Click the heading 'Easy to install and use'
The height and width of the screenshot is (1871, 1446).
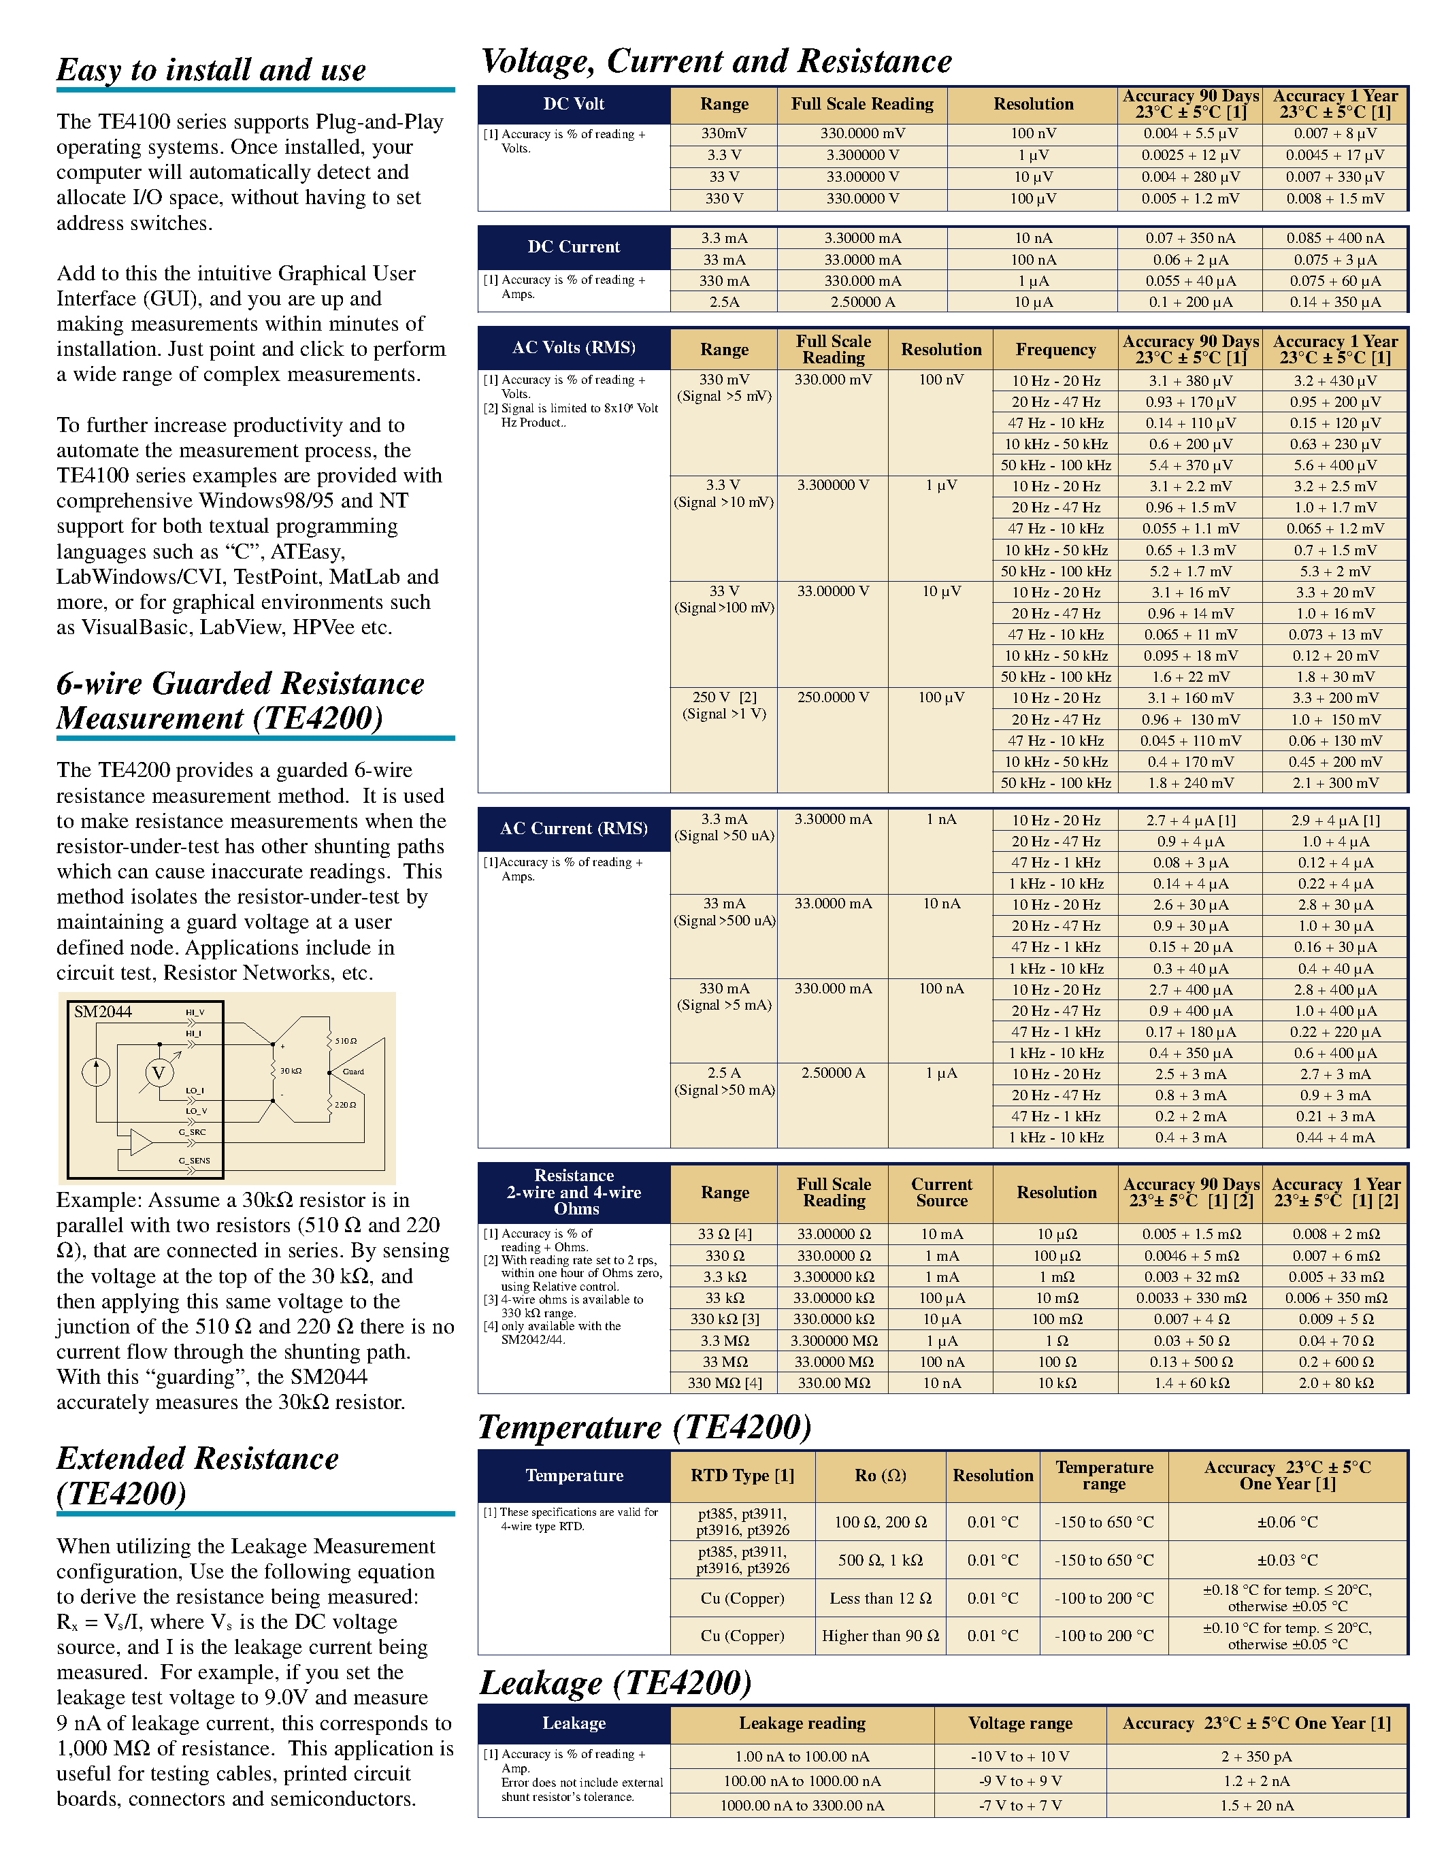tap(212, 70)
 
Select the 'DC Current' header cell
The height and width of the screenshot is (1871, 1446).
tap(573, 248)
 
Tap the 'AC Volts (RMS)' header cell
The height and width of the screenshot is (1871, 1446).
tap(573, 348)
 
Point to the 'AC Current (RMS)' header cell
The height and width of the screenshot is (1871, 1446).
tap(573, 829)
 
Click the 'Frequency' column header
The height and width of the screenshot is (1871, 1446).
tap(1055, 350)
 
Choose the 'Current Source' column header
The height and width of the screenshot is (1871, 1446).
tap(942, 1193)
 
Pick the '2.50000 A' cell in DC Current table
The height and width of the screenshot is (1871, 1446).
tap(861, 302)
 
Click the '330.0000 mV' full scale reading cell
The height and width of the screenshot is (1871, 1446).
tap(861, 133)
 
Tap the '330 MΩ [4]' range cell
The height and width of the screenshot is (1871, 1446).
tap(724, 1382)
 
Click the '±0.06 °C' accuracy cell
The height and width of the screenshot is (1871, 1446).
tap(1287, 1523)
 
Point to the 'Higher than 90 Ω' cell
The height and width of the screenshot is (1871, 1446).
tap(880, 1636)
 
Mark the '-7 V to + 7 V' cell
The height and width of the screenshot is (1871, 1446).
tap(1019, 1805)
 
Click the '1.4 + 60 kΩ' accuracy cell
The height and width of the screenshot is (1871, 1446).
tap(1191, 1382)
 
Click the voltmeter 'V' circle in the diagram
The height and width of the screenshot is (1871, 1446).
tap(159, 1072)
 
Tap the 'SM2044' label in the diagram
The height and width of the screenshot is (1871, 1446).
tap(103, 1012)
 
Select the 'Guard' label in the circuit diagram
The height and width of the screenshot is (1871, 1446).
tap(353, 1072)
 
